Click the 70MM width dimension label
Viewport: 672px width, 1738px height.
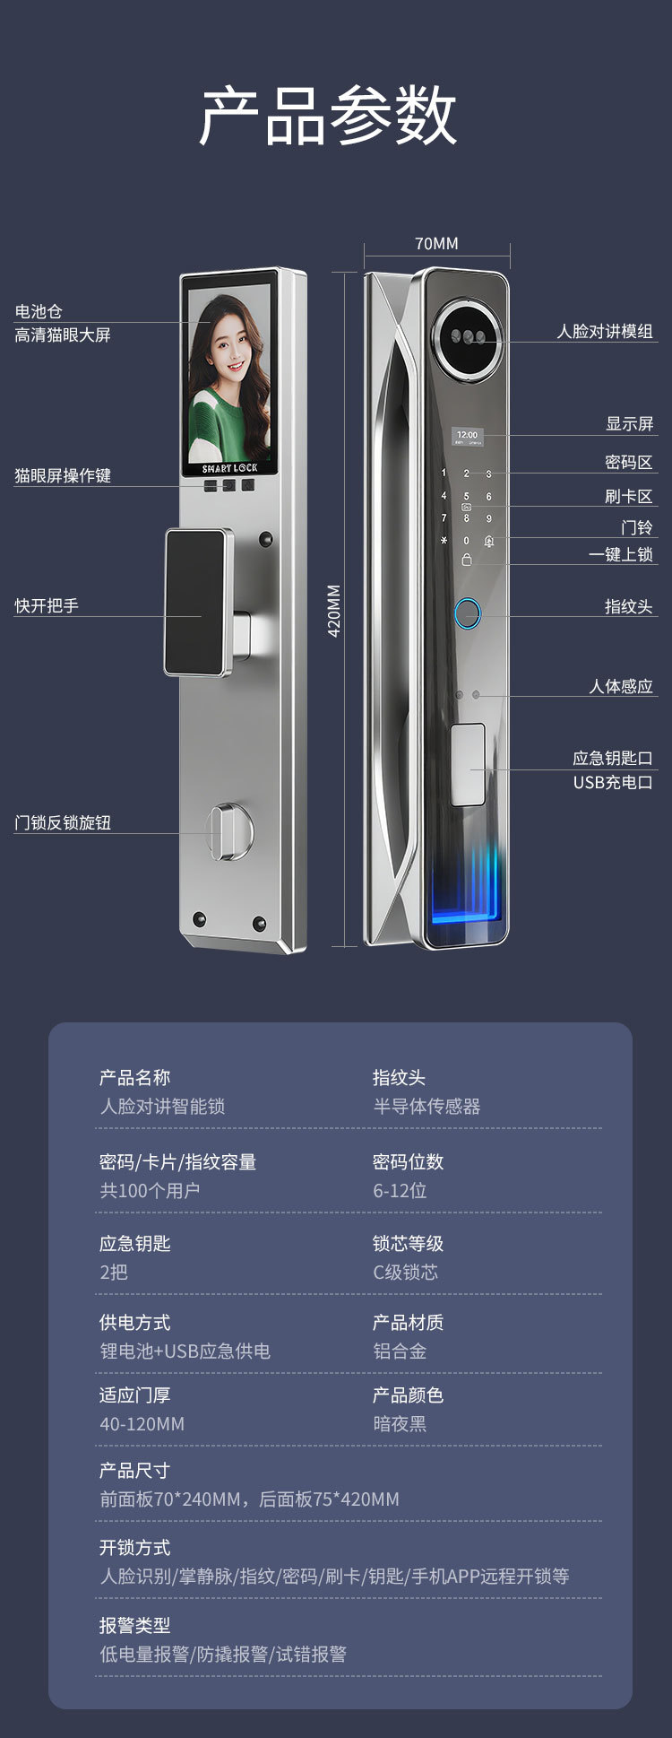436,244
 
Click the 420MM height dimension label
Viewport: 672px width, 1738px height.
334,610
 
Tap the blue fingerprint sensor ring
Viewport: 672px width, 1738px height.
467,614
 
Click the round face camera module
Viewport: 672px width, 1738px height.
466,337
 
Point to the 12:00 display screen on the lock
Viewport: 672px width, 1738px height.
467,437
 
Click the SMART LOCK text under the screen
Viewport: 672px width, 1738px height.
229,468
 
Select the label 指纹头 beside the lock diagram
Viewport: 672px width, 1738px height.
628,607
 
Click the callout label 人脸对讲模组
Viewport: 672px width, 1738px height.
605,332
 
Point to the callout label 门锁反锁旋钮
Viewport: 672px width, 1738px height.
63,822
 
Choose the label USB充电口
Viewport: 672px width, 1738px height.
613,783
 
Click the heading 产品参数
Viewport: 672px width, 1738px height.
328,117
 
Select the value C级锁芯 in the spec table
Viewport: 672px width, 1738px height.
405,1272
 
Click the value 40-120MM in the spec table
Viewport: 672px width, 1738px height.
142,1424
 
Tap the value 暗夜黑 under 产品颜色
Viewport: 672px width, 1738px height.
400,1424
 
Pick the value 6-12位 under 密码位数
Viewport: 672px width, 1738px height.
400,1191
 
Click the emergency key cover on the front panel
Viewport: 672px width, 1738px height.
468,764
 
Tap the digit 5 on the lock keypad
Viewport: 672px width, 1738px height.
466,496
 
